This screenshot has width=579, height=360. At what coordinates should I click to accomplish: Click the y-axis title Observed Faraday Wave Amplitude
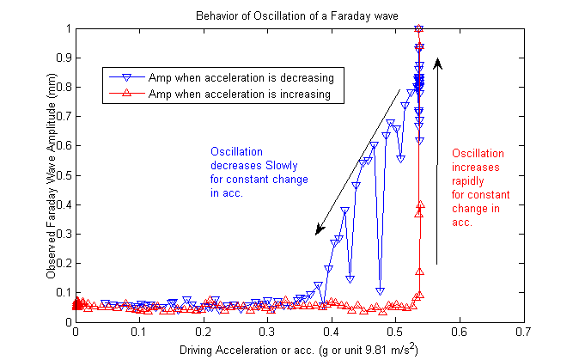pyautogui.click(x=52, y=174)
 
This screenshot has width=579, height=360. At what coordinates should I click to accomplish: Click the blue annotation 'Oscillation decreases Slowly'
pyautogui.click(x=259, y=173)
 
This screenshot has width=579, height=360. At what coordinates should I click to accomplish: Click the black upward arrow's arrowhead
pyautogui.click(x=437, y=62)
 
